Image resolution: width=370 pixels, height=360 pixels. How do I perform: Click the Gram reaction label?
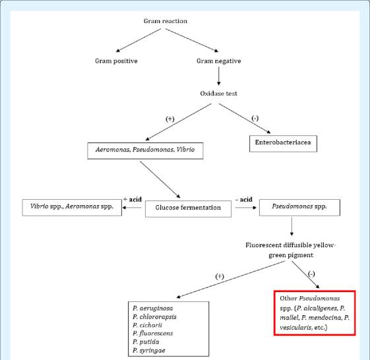point(166,21)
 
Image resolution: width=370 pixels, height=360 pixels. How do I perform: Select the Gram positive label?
point(116,61)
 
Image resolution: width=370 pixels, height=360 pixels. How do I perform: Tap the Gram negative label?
point(219,61)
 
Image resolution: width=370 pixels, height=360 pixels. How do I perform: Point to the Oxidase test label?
point(218,94)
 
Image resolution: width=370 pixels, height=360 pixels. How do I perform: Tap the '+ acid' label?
point(133,199)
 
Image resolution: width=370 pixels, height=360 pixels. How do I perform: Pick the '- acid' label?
point(244,199)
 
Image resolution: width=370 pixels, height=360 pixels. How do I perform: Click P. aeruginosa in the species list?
point(152,308)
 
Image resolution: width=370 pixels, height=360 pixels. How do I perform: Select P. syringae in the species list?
point(148,350)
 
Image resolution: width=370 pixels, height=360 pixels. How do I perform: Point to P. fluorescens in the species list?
point(152,334)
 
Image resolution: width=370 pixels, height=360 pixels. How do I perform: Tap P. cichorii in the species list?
point(147,325)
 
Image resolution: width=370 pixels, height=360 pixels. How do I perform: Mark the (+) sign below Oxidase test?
point(170,119)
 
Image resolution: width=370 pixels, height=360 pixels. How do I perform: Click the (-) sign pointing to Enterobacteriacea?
point(255,118)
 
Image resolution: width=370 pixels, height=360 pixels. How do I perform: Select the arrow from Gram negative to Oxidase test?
point(219,76)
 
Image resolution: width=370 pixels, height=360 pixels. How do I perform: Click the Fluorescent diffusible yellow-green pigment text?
point(290,250)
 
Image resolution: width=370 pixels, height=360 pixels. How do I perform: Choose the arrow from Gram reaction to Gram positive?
point(139,40)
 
